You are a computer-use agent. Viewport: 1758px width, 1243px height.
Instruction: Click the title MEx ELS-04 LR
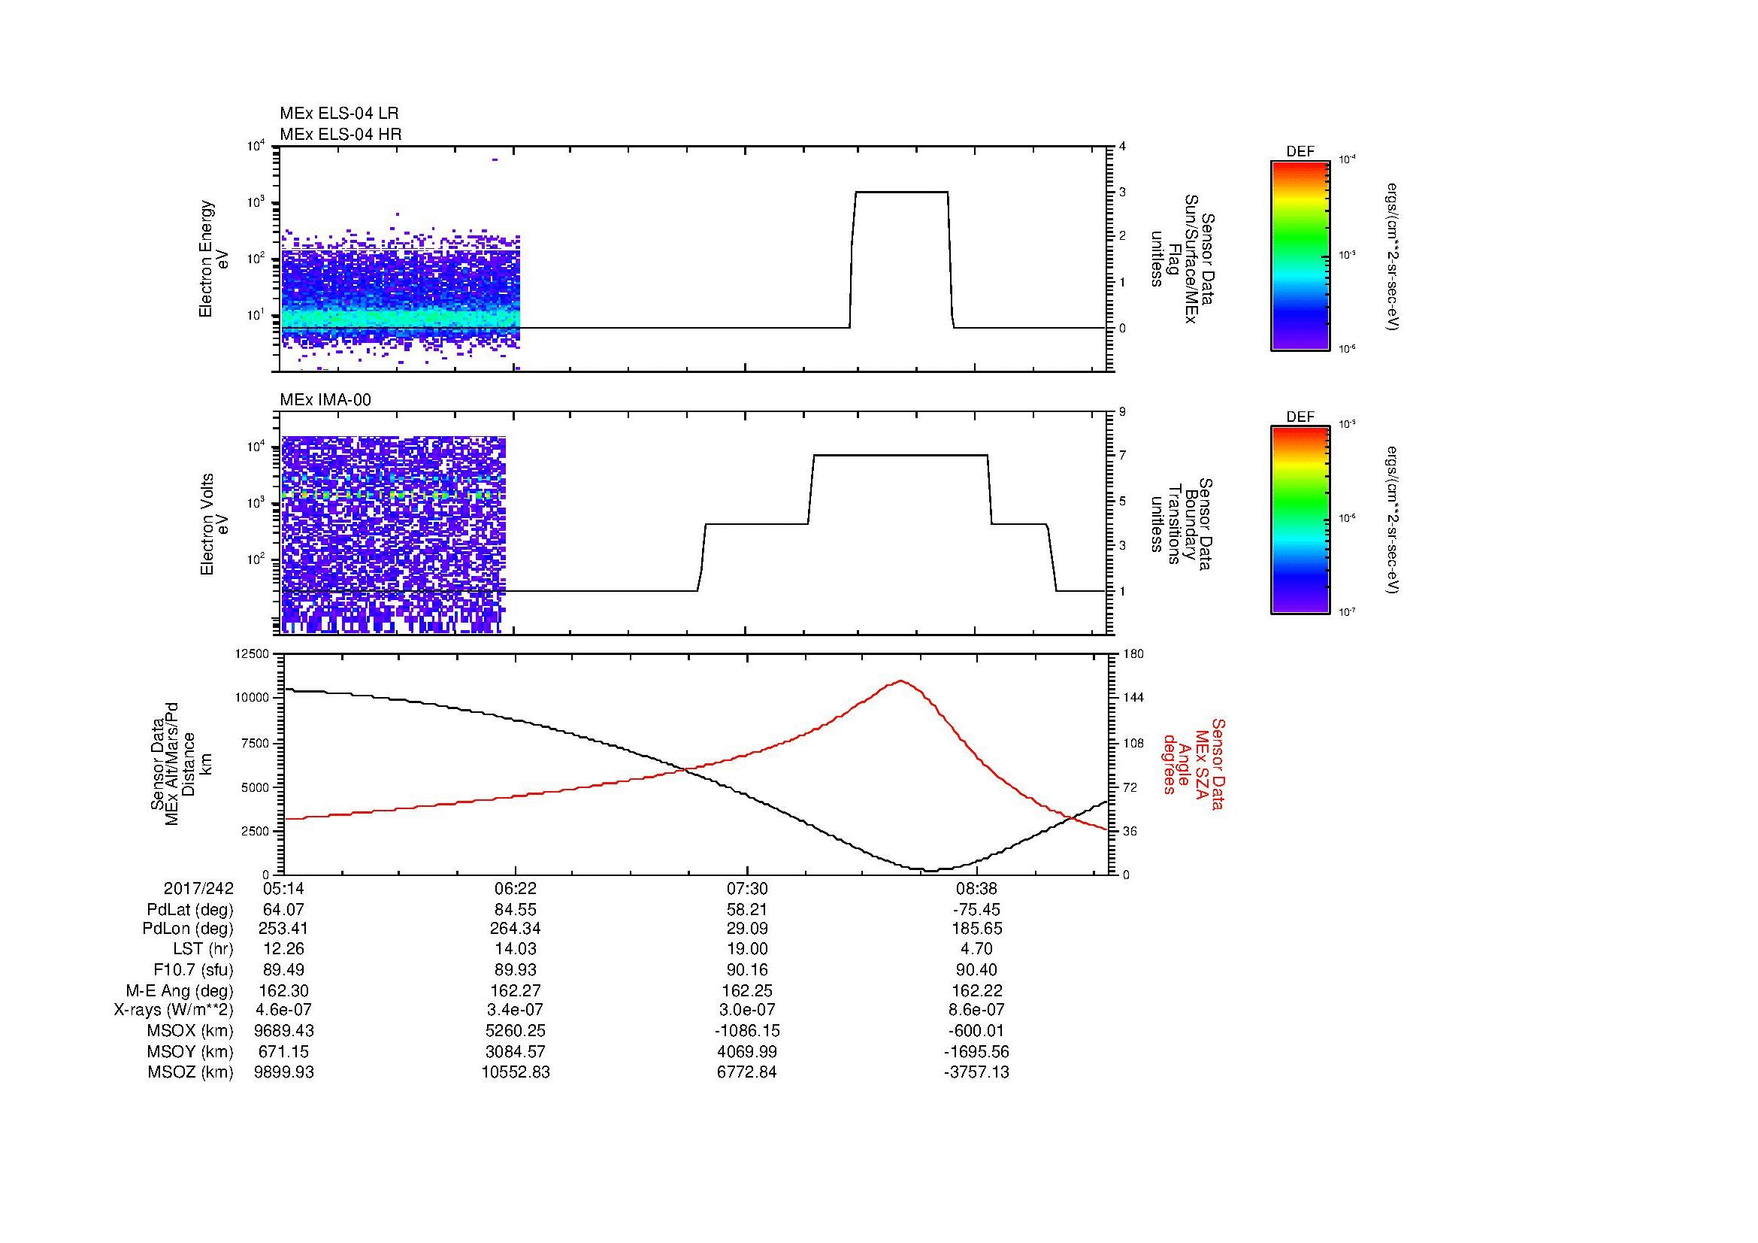(338, 114)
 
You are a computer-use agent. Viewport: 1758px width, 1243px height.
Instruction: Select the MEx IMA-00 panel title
(325, 399)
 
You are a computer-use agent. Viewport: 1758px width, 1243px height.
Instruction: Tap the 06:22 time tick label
(516, 888)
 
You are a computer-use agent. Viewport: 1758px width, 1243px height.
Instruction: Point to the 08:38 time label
(976, 888)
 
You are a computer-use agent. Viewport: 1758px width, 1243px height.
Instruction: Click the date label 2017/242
(199, 888)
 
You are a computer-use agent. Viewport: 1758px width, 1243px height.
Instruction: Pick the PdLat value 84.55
(516, 910)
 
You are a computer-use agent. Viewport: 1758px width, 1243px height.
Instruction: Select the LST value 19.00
(746, 949)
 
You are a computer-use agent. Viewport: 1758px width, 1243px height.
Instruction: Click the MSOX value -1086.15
(746, 1031)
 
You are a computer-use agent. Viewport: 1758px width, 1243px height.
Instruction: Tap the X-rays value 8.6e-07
(976, 1010)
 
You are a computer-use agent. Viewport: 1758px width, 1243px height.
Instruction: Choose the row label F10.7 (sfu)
(189, 969)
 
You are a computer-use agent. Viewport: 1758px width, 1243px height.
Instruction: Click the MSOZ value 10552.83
(516, 1072)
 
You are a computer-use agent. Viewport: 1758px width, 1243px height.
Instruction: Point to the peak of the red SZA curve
(901, 680)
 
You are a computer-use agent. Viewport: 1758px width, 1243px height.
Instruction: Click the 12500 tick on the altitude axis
(253, 653)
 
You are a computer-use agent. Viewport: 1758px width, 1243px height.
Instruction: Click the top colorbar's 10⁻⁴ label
(1345, 159)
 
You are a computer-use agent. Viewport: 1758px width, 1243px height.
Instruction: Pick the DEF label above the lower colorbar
(1300, 417)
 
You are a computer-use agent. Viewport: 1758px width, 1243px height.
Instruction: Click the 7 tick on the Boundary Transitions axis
(1121, 456)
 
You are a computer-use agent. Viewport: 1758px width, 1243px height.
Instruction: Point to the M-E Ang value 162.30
(283, 990)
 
